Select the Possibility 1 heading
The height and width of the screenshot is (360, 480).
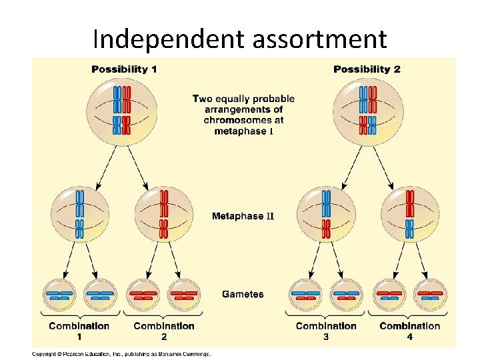pos(124,69)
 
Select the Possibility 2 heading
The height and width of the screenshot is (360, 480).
pos(367,69)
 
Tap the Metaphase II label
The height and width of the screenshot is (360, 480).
pos(243,216)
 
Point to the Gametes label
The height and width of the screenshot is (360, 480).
pos(243,294)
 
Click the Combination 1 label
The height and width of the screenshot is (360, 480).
pos(79,331)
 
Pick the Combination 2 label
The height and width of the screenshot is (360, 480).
pos(164,331)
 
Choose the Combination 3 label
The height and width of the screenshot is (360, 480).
pos(326,331)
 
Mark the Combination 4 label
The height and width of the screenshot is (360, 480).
pos(410,331)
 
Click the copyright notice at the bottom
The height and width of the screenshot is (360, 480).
pos(122,353)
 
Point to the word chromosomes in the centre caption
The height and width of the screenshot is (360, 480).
pos(243,120)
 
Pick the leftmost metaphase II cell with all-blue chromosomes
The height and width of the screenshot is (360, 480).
pos(79,215)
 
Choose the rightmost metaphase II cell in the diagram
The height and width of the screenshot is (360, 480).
pos(410,215)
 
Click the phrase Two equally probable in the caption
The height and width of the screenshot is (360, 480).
pos(243,99)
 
